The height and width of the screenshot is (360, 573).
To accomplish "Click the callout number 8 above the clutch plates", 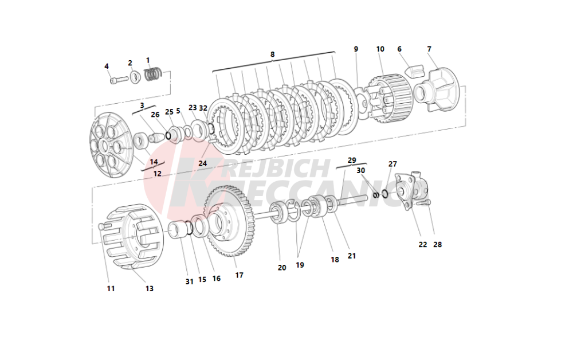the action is [272, 54].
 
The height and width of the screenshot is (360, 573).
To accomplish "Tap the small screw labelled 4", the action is [119, 79].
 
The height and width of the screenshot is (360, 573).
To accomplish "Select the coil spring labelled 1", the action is [153, 74].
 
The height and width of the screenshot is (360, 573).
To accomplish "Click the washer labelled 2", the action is [135, 77].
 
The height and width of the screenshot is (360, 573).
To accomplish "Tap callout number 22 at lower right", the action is [422, 245].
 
